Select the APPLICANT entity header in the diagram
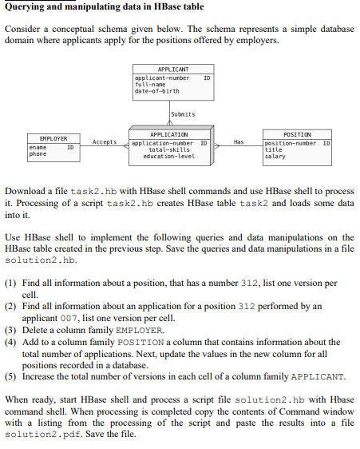click(173, 70)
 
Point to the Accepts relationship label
click(105, 142)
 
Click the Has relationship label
click(238, 142)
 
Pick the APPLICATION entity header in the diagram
click(169, 135)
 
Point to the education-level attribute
click(168, 157)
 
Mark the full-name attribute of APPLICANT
click(148, 84)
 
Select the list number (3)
click(11, 329)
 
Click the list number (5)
click(11, 375)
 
